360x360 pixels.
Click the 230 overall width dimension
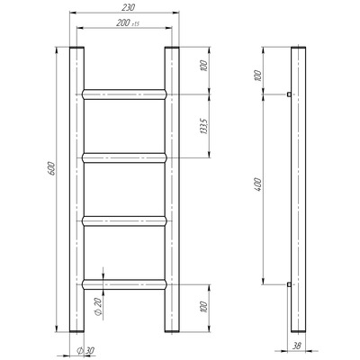tap(128, 7)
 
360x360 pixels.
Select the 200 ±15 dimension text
tap(128, 23)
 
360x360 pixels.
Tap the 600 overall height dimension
tap(51, 168)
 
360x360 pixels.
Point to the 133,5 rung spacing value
tap(204, 126)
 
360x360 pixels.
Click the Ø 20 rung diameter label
tap(99, 308)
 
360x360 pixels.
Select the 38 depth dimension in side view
tap(296, 346)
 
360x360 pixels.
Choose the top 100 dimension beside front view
tap(204, 66)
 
